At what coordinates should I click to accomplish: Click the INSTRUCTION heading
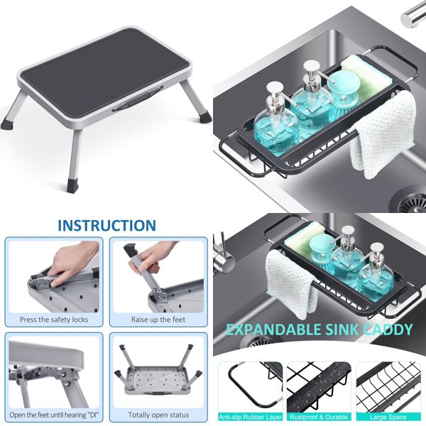pyautogui.click(x=106, y=226)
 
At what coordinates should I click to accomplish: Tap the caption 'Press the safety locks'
pyautogui.click(x=54, y=319)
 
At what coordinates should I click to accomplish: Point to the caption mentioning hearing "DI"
pyautogui.click(x=54, y=414)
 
